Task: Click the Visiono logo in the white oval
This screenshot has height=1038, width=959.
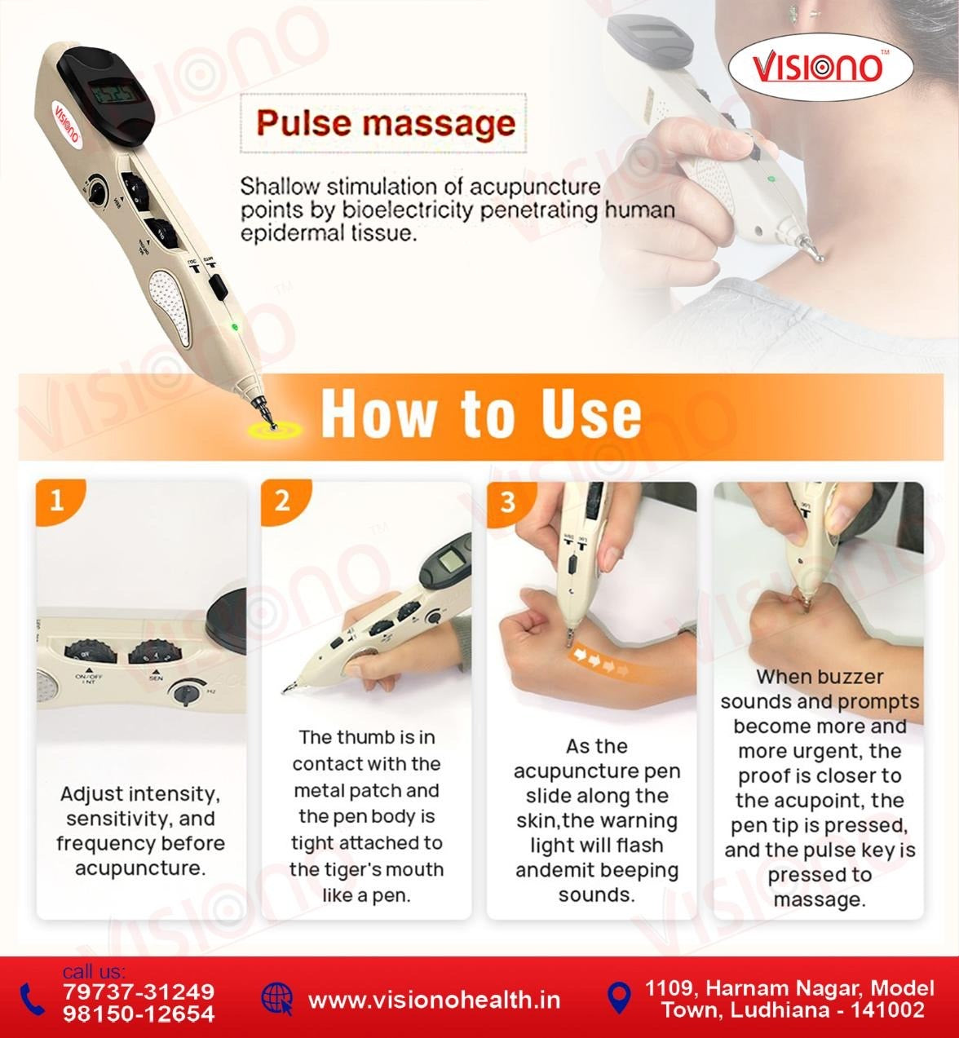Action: [x=819, y=68]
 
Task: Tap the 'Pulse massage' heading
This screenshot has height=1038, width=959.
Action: [x=386, y=124]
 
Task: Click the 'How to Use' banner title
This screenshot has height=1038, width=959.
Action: [x=481, y=413]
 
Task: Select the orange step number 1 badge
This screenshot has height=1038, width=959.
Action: [x=56, y=499]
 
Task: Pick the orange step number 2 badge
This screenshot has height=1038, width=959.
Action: [x=282, y=499]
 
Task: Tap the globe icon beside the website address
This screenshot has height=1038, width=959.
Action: [x=276, y=998]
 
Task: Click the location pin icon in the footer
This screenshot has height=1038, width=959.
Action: [x=620, y=996]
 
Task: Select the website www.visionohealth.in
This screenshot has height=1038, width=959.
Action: [x=434, y=1000]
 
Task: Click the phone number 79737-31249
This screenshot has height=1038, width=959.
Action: [x=139, y=992]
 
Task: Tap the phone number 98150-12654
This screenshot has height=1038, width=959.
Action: [x=139, y=1014]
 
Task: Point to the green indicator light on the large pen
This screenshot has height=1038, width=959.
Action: [x=234, y=328]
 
